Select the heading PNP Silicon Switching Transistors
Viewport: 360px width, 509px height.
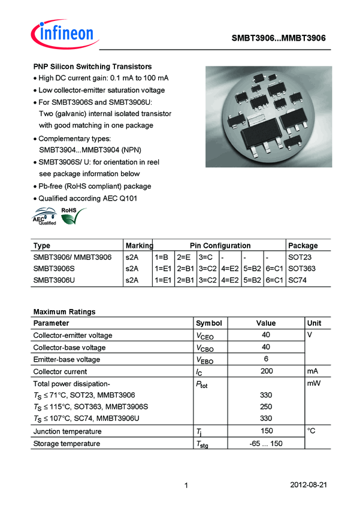[92, 66]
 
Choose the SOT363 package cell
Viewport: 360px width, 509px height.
[302, 268]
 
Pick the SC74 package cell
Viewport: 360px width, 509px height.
[298, 280]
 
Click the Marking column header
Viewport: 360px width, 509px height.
[139, 246]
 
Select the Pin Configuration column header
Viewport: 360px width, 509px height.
[220, 246]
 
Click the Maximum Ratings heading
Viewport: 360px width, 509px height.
[64, 312]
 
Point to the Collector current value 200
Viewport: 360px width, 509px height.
[266, 371]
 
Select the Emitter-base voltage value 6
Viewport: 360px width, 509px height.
[266, 359]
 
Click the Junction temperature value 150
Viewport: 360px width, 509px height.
[266, 431]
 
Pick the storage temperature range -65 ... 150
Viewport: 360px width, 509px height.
[266, 444]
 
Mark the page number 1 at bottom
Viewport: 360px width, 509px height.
[187, 484]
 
